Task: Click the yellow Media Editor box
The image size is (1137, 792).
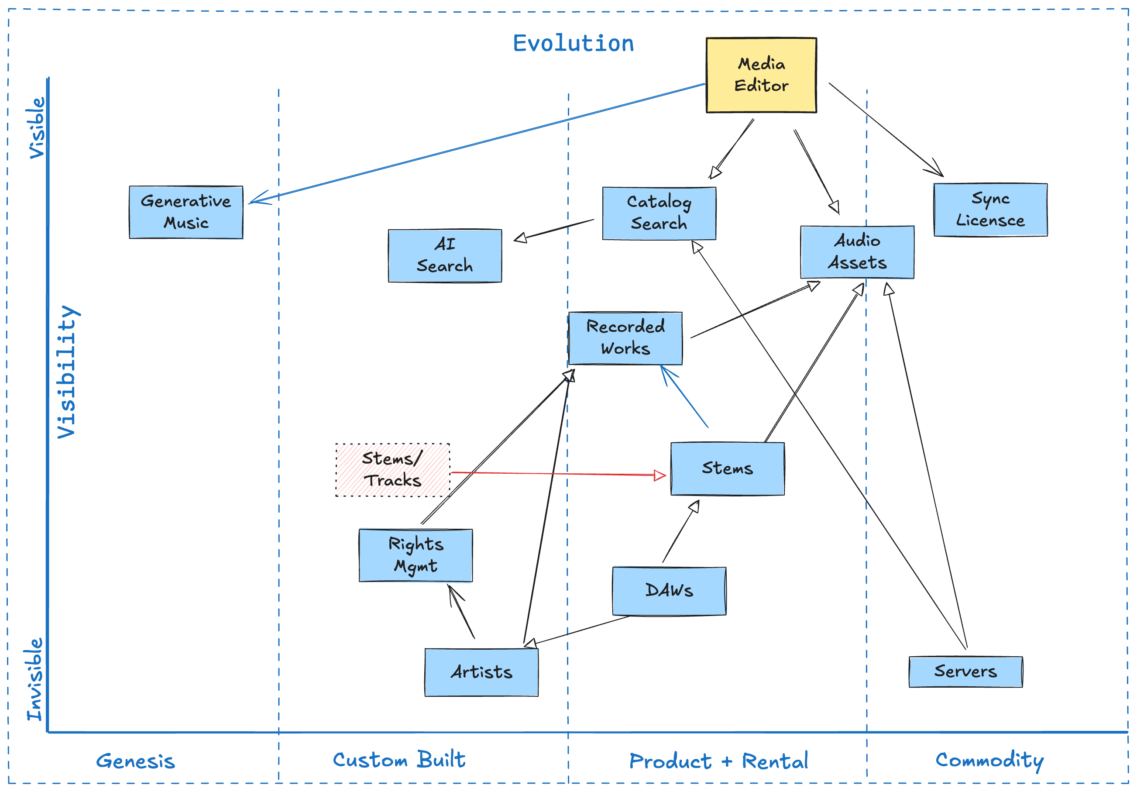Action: pos(761,75)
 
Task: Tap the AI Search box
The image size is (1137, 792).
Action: pos(445,255)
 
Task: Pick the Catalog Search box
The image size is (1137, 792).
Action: pos(659,213)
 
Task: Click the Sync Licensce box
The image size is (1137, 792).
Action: pos(990,210)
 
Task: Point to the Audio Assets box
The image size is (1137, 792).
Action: pos(857,252)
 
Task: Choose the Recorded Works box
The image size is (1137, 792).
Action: pos(625,338)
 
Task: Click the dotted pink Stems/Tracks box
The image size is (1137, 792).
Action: pos(392,469)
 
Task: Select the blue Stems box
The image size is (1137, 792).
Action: pos(727,468)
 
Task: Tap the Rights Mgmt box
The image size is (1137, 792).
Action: pos(416,555)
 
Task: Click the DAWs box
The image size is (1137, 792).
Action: pos(669,590)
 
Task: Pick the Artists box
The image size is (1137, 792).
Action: pos(481,671)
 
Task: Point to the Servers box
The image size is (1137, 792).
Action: pos(965,671)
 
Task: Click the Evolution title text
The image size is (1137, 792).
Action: pos(573,44)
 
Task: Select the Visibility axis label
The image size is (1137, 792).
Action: pos(66,372)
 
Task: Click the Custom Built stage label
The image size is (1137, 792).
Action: pos(398,759)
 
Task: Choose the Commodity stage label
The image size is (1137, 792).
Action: pos(989,760)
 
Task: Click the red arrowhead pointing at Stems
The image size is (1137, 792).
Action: pos(660,475)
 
